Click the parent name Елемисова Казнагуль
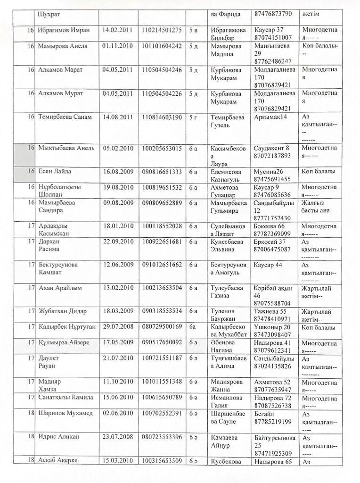point(228,175)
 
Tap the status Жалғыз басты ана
point(319,206)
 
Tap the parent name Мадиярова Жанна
point(228,385)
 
